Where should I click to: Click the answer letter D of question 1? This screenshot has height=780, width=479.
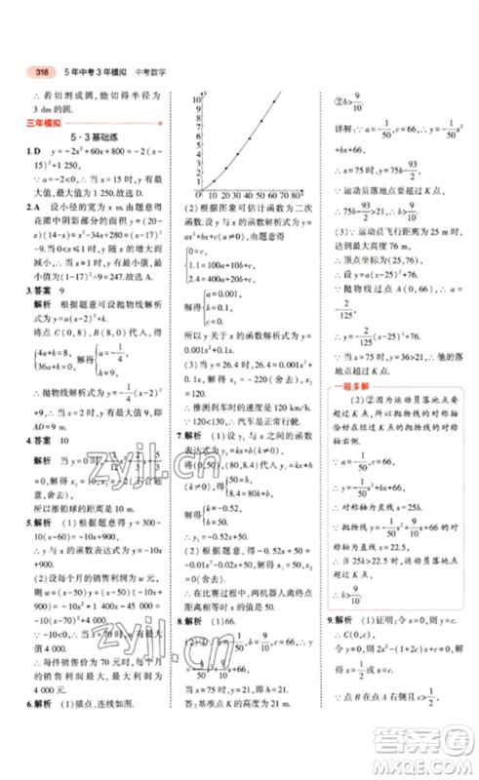36,152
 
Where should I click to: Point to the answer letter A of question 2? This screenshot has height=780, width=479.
36,207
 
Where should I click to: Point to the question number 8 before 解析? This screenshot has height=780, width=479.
177,620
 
